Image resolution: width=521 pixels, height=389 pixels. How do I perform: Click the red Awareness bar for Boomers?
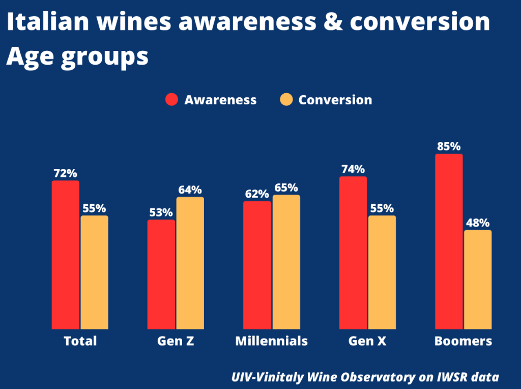449,241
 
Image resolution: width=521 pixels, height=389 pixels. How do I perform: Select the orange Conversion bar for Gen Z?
190,263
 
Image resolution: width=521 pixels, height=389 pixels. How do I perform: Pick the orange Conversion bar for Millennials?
286,262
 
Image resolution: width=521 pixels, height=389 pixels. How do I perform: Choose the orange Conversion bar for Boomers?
478,280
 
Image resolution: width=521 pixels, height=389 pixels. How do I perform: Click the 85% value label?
449,146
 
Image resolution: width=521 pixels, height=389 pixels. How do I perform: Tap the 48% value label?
478,223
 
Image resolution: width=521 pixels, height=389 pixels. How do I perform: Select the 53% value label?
161,212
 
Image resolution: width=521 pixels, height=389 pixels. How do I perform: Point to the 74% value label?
353,169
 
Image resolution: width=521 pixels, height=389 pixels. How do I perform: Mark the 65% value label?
286,187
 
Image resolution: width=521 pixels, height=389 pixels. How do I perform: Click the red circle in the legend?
171,100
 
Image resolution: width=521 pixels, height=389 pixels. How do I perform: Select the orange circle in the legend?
286,100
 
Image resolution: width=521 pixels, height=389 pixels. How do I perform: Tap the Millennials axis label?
271,341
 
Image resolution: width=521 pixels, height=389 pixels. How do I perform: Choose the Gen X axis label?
367,341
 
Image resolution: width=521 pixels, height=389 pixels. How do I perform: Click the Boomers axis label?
463,341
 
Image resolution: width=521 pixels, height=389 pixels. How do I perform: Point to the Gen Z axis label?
176,341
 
